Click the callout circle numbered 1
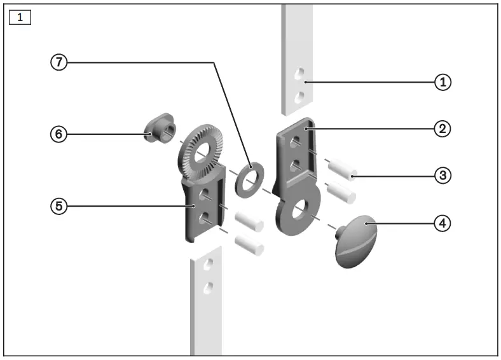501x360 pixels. coord(443,82)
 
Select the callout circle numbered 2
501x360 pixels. coord(443,128)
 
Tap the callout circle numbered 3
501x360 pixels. coord(443,175)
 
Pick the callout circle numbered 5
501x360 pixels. coord(58,206)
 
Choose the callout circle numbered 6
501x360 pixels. coord(58,134)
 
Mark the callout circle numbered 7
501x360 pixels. coord(58,62)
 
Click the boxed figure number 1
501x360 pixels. coord(20,17)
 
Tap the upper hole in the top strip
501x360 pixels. coord(298,75)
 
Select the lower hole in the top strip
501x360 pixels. coord(298,97)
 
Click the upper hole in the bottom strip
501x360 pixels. coord(207,267)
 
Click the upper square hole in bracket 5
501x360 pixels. coord(205,193)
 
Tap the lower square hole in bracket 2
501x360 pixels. coord(294,165)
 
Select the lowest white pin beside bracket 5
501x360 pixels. coord(249,244)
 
